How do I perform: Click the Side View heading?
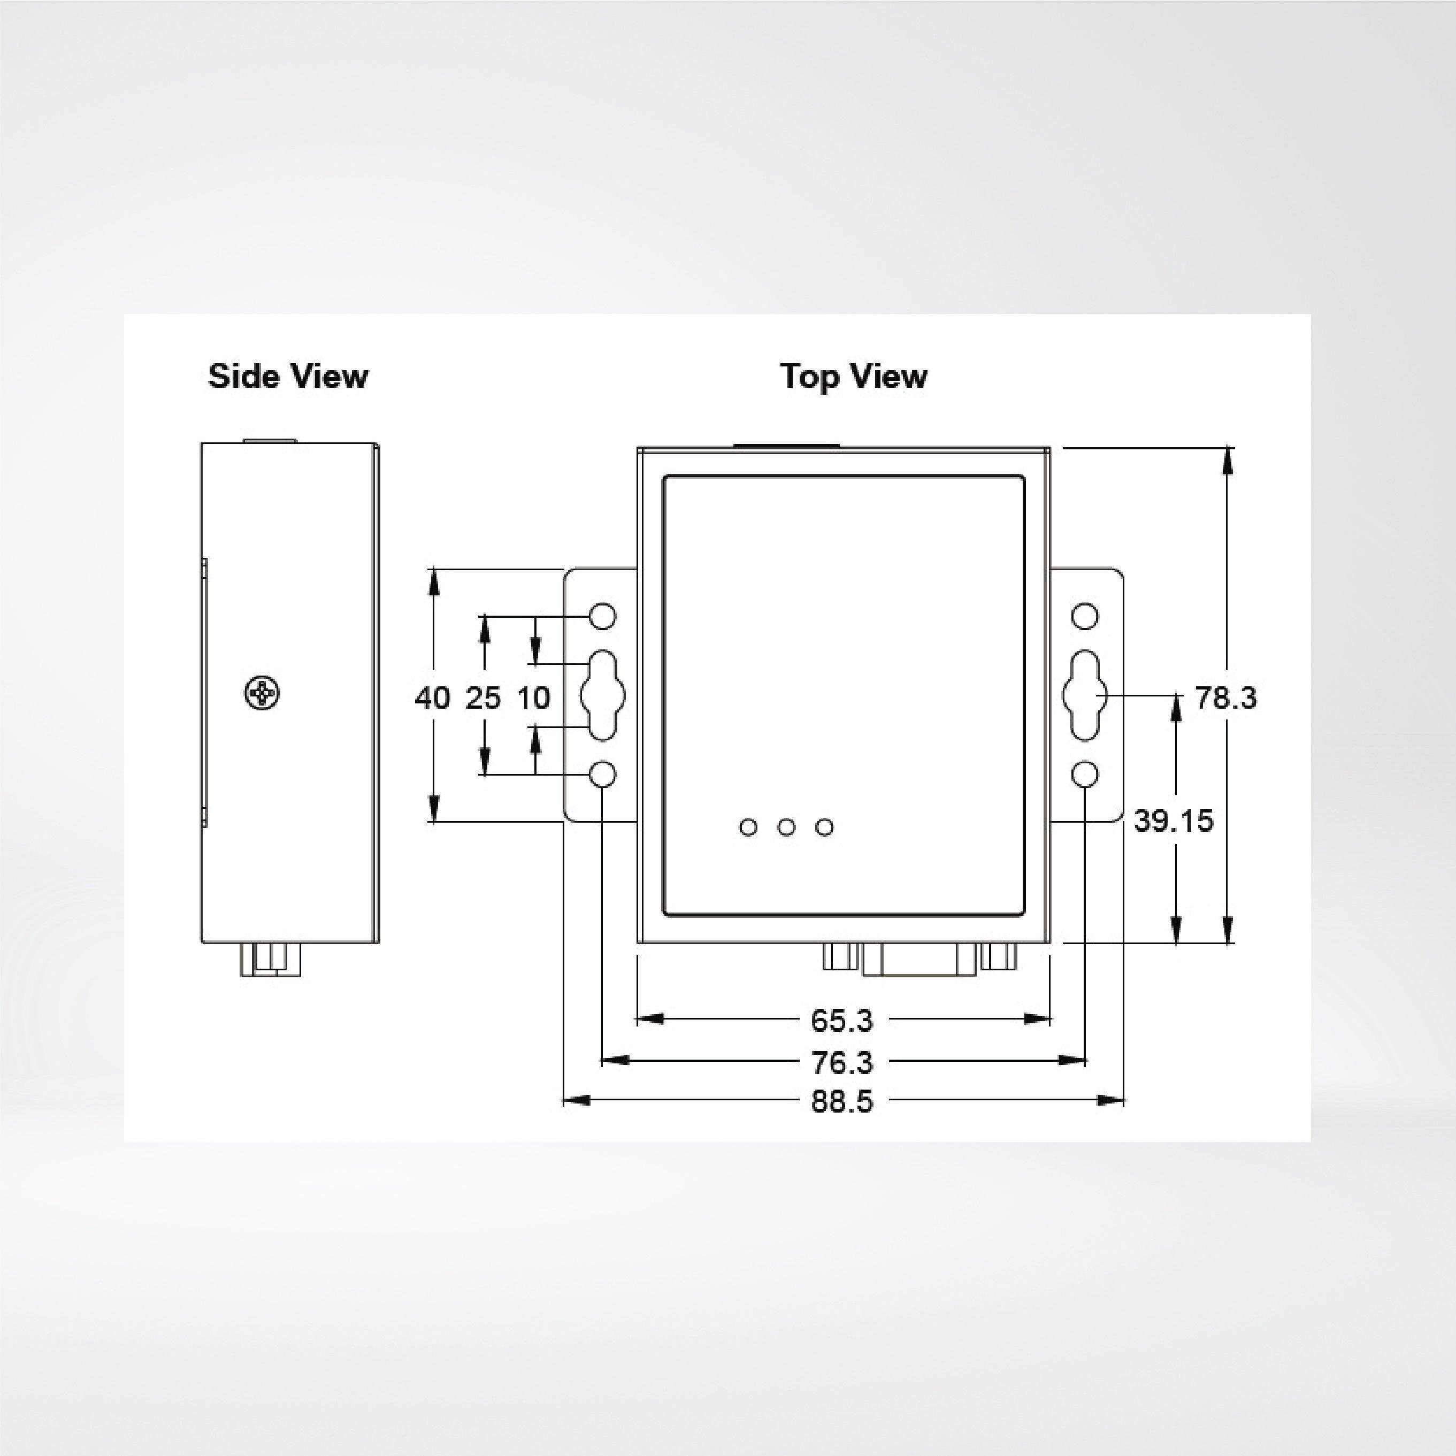click(288, 376)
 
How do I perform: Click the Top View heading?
click(853, 376)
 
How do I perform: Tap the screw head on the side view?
click(262, 693)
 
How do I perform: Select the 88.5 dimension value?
click(842, 1101)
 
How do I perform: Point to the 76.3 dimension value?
click(842, 1062)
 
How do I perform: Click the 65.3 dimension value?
click(842, 1021)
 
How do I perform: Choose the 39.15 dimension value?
click(1174, 821)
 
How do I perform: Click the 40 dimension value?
click(432, 698)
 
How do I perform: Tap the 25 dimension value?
click(483, 698)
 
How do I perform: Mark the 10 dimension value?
click(534, 698)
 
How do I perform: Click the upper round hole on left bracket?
click(603, 616)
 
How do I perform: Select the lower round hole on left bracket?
click(603, 774)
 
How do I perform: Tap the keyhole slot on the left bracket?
click(603, 694)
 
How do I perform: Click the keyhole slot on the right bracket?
click(1084, 694)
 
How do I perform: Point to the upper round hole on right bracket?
click(1084, 616)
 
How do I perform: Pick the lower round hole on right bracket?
click(1084, 774)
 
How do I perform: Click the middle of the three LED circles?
click(786, 827)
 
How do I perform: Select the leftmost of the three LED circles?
click(748, 827)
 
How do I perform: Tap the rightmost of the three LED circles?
click(824, 827)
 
